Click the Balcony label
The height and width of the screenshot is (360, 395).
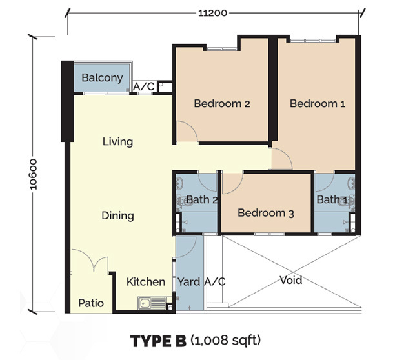102,78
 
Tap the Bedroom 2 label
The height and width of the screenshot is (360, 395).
222,103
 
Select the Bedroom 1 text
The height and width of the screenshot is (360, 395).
313,103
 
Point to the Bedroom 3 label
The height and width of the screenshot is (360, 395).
266,213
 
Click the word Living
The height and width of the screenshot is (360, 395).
117,141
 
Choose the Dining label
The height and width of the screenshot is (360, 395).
117,215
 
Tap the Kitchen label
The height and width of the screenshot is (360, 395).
145,282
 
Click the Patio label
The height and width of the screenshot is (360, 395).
92,303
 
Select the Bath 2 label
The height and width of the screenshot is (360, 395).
201,200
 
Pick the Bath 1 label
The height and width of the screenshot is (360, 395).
332,200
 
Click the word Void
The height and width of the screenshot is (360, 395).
290,280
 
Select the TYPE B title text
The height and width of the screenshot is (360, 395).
158,339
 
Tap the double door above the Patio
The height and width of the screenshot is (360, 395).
90,265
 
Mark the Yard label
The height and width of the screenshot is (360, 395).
190,282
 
